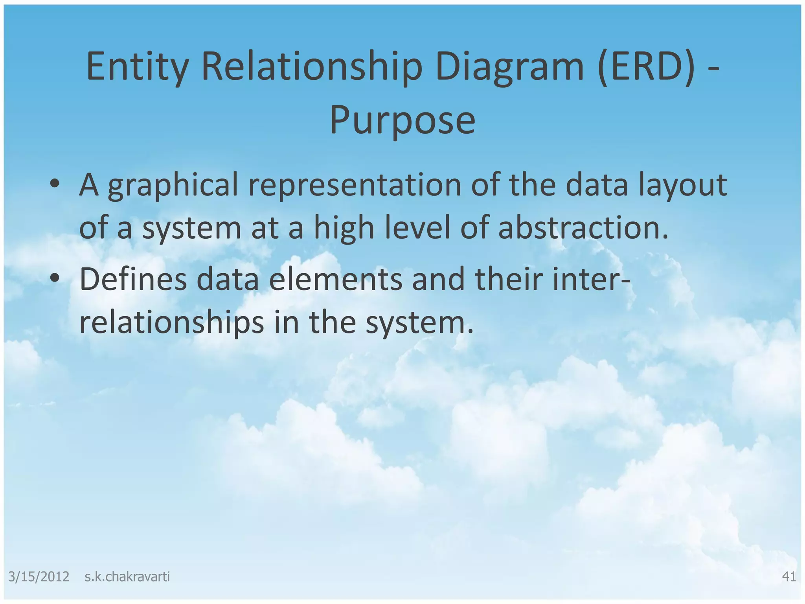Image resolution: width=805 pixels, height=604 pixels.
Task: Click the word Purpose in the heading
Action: [x=402, y=120]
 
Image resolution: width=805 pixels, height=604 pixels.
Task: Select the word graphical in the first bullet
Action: [x=173, y=186]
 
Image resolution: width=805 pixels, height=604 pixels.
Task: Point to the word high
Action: [x=344, y=229]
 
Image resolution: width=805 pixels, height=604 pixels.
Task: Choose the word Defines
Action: [x=133, y=279]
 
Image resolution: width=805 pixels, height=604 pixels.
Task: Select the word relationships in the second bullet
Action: [x=171, y=322]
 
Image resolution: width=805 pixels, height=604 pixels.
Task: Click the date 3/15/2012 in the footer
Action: [x=39, y=576]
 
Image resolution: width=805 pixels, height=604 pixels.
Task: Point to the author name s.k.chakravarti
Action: [x=127, y=576]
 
